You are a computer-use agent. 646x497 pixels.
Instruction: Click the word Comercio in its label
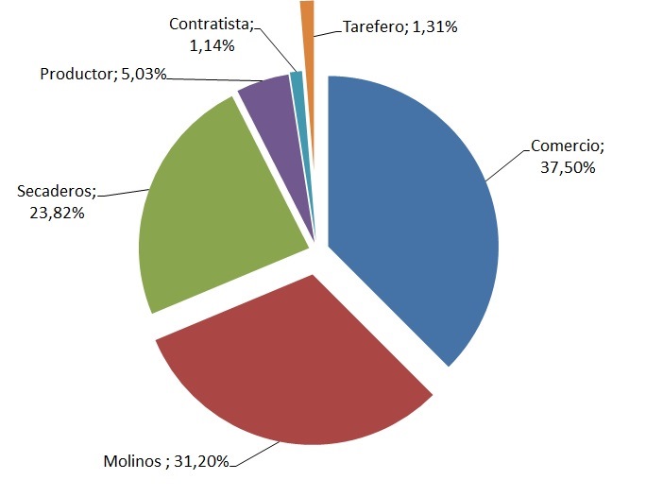click(x=565, y=146)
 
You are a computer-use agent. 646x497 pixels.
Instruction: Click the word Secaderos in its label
click(x=57, y=193)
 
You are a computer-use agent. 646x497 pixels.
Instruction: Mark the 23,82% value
click(x=59, y=213)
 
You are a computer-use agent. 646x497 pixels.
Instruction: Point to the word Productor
click(x=76, y=73)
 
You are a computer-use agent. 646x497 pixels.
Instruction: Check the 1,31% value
click(x=435, y=27)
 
